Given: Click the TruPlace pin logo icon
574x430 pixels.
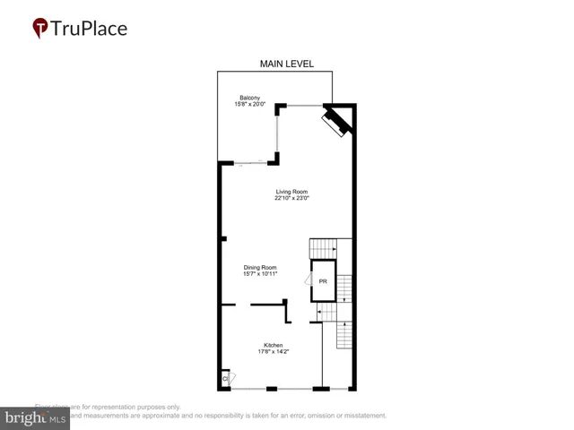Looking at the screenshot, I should pos(40,28).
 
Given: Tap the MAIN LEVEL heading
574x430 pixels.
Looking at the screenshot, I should pos(287,64).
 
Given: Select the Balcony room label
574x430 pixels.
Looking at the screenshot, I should pos(250,98).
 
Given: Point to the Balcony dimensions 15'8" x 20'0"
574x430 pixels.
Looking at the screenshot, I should pos(250,105).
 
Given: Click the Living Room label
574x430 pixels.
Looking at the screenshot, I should pos(291,192).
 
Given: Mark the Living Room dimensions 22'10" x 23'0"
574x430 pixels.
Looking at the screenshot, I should pos(291,199).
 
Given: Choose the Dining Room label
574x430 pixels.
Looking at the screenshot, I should pos(260,267).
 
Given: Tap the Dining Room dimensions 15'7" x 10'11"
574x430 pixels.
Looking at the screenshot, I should pos(260,274).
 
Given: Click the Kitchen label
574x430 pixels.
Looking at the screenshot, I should pos(274,345).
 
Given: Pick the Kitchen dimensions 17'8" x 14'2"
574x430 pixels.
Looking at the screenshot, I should pos(274,352).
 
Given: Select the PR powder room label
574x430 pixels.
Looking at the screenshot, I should pos(323,281).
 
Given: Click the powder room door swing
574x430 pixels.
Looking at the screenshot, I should pos(308,281).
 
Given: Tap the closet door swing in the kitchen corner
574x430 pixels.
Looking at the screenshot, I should pos(230,379).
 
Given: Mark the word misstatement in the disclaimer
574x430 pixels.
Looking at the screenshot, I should pos(359,416).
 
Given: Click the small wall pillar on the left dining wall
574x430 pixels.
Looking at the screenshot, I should pos(222,238).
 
